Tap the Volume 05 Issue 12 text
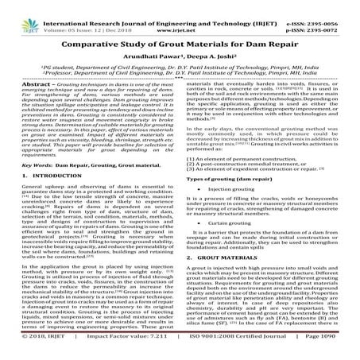click(75, 14)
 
